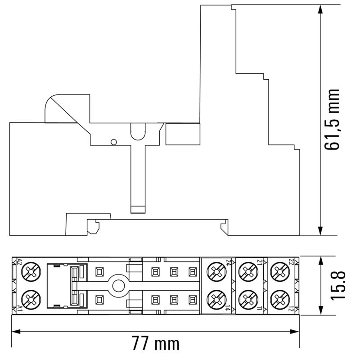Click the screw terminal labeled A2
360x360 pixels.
(31, 271)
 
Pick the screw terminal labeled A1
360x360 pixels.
(31, 298)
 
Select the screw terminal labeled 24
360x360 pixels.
(216, 271)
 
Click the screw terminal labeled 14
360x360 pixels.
(216, 298)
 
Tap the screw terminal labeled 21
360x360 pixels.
(247, 271)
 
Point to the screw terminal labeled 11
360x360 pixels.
(247, 298)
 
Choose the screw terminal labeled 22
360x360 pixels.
(279, 271)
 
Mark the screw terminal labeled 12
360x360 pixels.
(279, 298)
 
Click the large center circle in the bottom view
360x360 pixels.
(118, 285)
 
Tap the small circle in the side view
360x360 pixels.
(114, 143)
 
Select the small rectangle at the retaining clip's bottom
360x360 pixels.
(137, 209)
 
